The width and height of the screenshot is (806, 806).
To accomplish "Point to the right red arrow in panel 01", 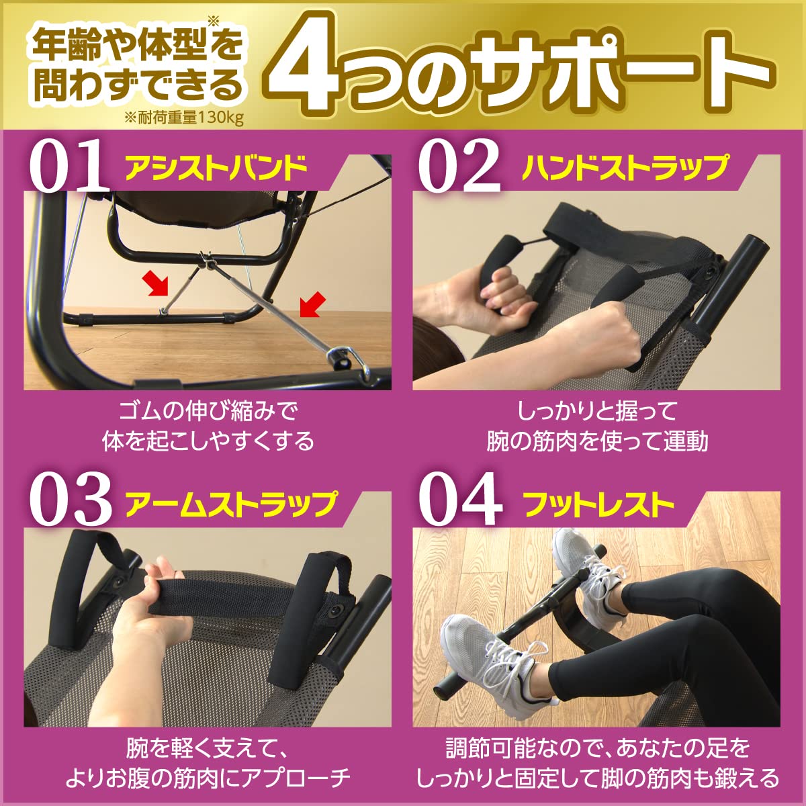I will [x=312, y=304].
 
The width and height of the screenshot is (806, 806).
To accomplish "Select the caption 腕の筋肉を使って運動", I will [x=597, y=441].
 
